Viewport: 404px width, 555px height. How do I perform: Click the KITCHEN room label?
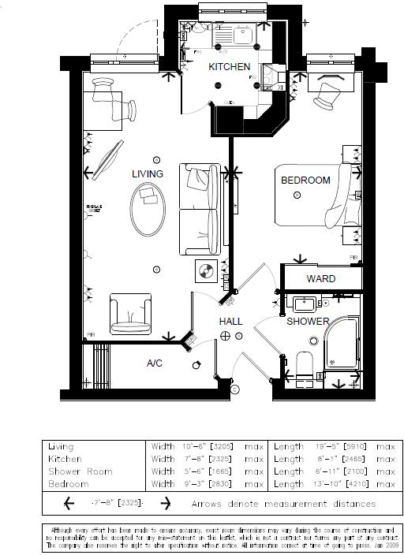pyautogui.click(x=229, y=68)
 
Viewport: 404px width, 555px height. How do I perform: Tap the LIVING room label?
pyautogui.click(x=148, y=173)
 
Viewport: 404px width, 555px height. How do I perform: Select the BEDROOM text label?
pyautogui.click(x=305, y=181)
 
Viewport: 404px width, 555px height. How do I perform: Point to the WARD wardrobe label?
pyautogui.click(x=320, y=279)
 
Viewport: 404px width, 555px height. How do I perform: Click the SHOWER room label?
pyautogui.click(x=308, y=322)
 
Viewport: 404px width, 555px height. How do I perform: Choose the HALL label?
pyautogui.click(x=230, y=322)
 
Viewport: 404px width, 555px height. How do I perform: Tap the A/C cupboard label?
pyautogui.click(x=155, y=363)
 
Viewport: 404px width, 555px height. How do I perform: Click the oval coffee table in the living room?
pyautogui.click(x=147, y=208)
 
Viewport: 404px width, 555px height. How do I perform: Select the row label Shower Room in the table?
pyautogui.click(x=80, y=471)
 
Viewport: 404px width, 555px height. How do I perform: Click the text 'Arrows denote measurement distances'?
pyautogui.click(x=283, y=504)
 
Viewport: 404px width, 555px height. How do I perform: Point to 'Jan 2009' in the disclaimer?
pyautogui.click(x=387, y=545)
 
